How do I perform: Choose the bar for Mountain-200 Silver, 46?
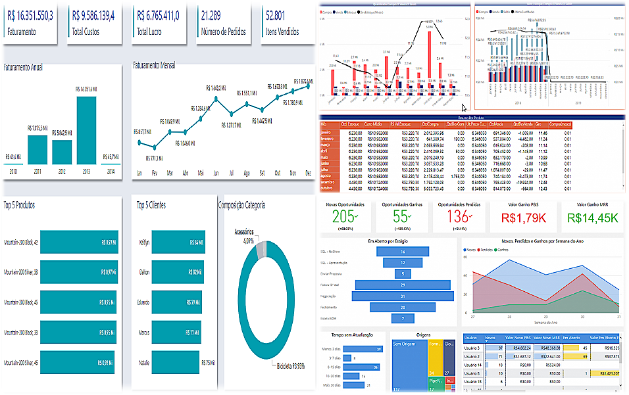tap(77, 361)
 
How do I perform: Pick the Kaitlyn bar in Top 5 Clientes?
tap(176, 243)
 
